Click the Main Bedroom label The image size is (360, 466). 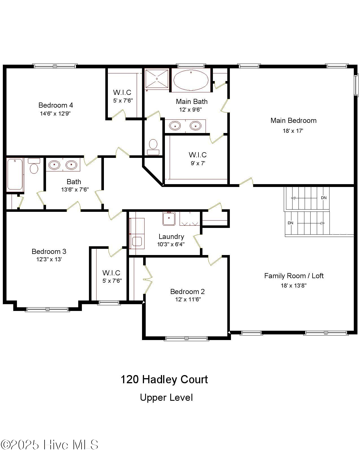tap(293, 121)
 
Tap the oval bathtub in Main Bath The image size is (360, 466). tap(191, 80)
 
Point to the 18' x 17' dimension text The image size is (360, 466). tap(293, 131)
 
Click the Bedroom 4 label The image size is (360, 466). tap(56, 105)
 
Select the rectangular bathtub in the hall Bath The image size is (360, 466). tap(15, 174)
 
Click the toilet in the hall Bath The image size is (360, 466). tap(34, 167)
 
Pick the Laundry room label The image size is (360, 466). tap(171, 237)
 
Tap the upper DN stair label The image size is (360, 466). tap(324, 198)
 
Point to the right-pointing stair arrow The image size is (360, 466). tap(322, 223)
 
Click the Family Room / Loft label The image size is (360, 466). tap(294, 276)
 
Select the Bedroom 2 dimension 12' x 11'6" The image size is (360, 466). tap(188, 299)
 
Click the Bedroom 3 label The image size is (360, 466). tap(49, 251)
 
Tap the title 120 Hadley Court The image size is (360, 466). tap(164, 379)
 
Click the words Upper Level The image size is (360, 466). tap(166, 398)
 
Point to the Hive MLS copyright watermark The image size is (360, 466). tap(49, 445)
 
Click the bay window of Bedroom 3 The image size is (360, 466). tap(47, 310)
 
